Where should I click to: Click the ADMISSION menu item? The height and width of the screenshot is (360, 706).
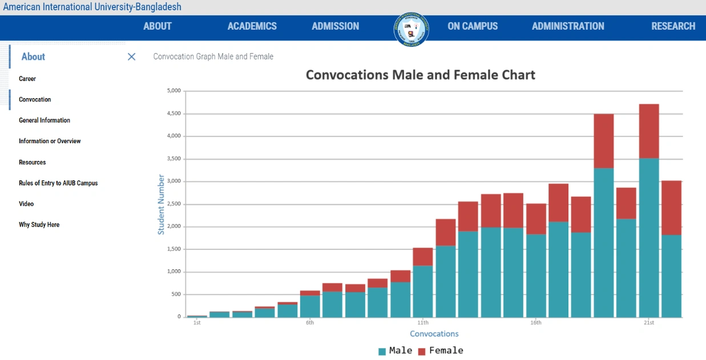click(335, 26)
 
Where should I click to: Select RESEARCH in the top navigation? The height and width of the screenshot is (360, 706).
click(673, 26)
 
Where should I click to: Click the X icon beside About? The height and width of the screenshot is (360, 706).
click(132, 56)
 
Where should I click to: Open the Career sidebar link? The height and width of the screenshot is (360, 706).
click(27, 79)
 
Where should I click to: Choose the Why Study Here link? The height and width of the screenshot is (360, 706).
click(39, 225)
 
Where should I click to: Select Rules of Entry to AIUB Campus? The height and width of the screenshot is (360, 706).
click(58, 183)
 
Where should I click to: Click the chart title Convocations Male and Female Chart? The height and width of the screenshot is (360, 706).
click(420, 75)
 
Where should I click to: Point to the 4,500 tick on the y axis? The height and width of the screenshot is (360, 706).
click(173, 114)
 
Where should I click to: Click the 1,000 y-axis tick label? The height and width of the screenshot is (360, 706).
click(173, 272)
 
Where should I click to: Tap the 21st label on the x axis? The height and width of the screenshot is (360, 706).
click(648, 323)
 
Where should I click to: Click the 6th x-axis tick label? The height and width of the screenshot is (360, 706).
click(310, 323)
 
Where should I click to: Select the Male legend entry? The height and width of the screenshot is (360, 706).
click(395, 350)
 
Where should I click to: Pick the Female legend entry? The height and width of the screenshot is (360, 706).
click(440, 350)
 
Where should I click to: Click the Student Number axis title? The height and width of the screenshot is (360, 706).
click(161, 204)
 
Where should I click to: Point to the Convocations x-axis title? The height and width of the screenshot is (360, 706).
click(434, 334)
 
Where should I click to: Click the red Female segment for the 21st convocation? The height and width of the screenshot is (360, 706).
click(649, 131)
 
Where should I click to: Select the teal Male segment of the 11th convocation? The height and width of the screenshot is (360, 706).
click(423, 291)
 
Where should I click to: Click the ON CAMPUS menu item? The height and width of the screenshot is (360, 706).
click(472, 26)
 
